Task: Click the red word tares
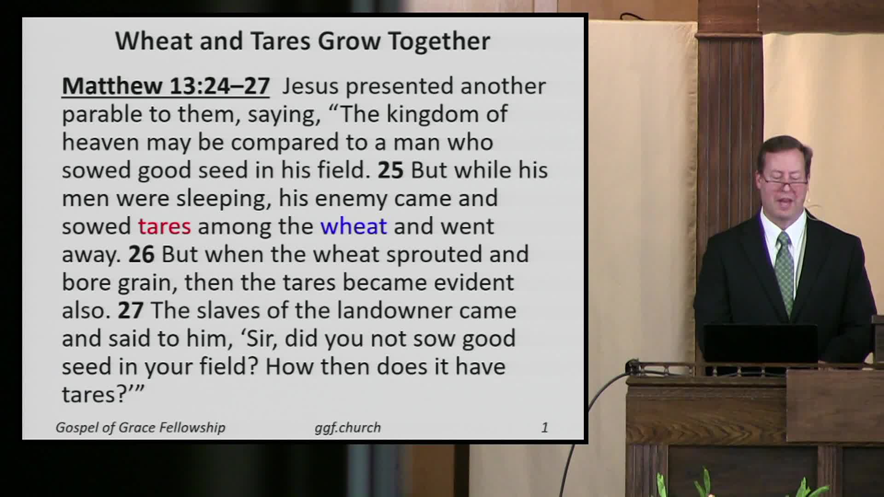(x=164, y=226)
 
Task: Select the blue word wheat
(x=354, y=226)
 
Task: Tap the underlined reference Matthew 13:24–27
(x=166, y=86)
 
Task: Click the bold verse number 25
(x=390, y=170)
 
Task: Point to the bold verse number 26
(x=141, y=254)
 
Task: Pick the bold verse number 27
(x=131, y=311)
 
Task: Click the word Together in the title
(x=439, y=41)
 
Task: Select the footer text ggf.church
(x=348, y=428)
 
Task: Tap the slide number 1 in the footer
(x=545, y=428)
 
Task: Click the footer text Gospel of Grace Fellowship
(x=140, y=428)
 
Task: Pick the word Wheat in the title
(x=154, y=41)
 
